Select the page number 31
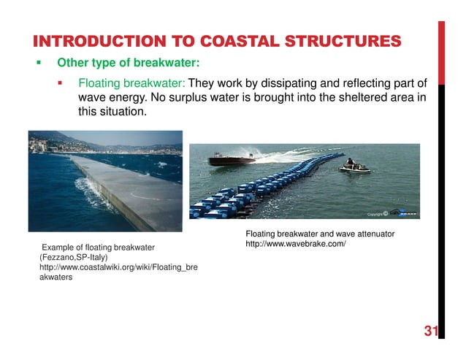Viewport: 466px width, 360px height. pos(430,332)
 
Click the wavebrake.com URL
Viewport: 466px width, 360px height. pos(295,242)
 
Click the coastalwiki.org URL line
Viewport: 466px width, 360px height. pos(118,268)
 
